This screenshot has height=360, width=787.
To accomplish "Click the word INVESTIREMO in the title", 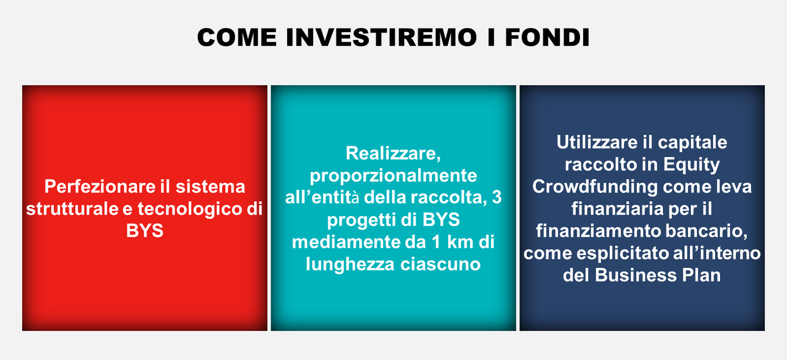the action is pos(381,37).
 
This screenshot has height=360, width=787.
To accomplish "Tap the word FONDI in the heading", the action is pos(547,37).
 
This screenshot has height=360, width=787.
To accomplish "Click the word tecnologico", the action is pos(189,209).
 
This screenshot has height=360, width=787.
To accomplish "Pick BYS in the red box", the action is pos(145,231).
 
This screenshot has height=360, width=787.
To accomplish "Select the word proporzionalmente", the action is pos(393,176).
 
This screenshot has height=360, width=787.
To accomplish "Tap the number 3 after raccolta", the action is pos(497,197).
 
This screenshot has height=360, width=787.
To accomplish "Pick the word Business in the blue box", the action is pos(636,275).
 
